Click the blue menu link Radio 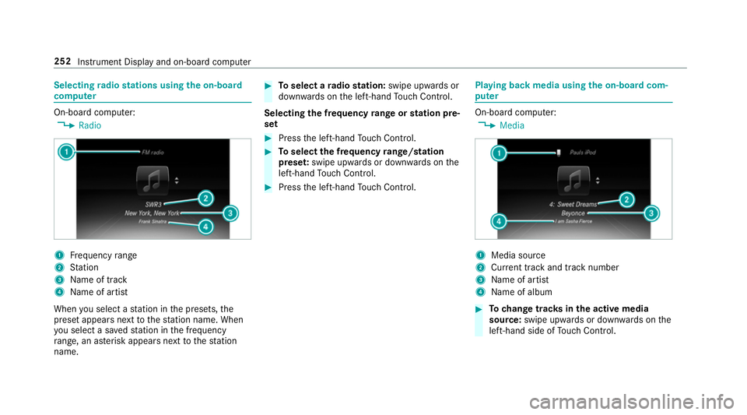(x=89, y=125)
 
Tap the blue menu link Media (x=511, y=125)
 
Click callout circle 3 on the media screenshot (x=651, y=213)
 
